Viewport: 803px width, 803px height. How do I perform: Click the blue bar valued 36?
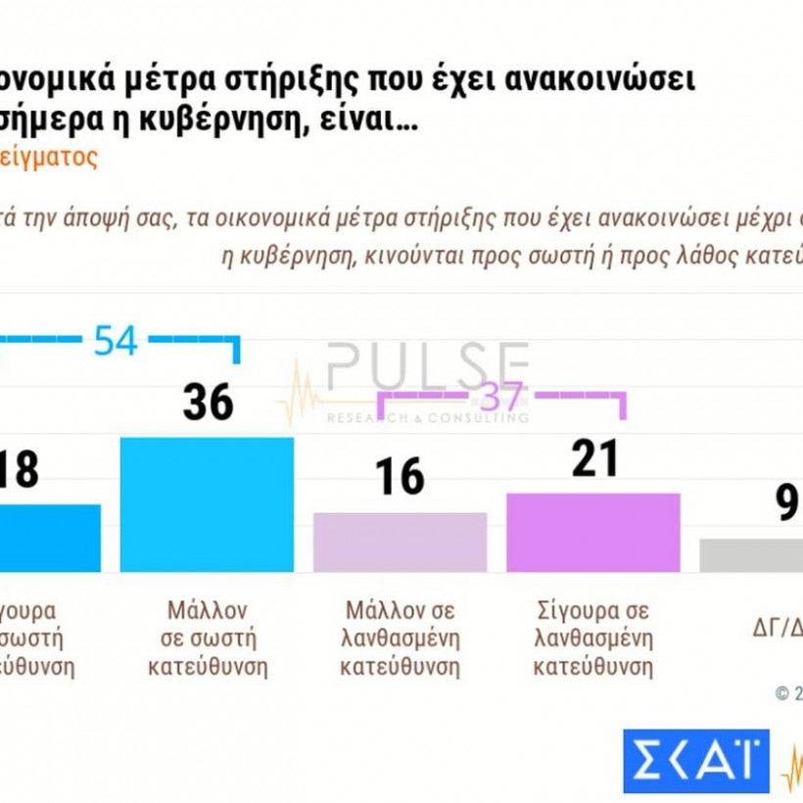(x=206, y=504)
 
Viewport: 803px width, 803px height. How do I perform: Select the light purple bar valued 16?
(x=400, y=543)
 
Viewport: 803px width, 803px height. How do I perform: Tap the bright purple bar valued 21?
(x=592, y=533)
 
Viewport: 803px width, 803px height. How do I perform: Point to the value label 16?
(x=400, y=477)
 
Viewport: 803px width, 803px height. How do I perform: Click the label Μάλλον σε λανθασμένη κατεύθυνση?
(x=400, y=639)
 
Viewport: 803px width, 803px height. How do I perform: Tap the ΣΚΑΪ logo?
(x=695, y=761)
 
